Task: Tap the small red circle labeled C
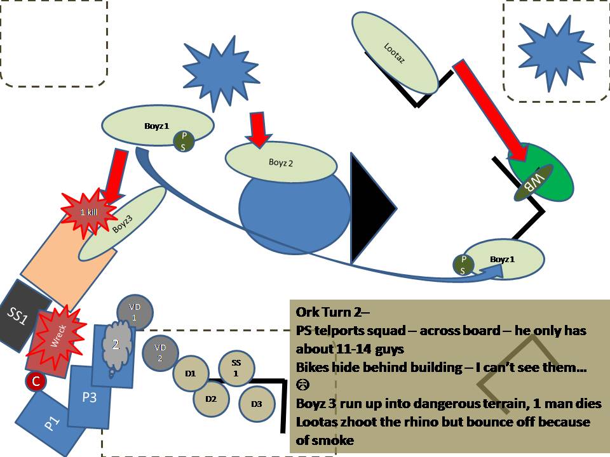click(x=36, y=381)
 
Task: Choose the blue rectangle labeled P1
click(x=51, y=422)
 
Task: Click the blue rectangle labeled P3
click(x=88, y=397)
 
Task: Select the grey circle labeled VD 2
click(x=160, y=352)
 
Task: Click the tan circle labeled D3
click(x=256, y=404)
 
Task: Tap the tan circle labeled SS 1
click(x=236, y=367)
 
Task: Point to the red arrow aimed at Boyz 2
click(x=259, y=128)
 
